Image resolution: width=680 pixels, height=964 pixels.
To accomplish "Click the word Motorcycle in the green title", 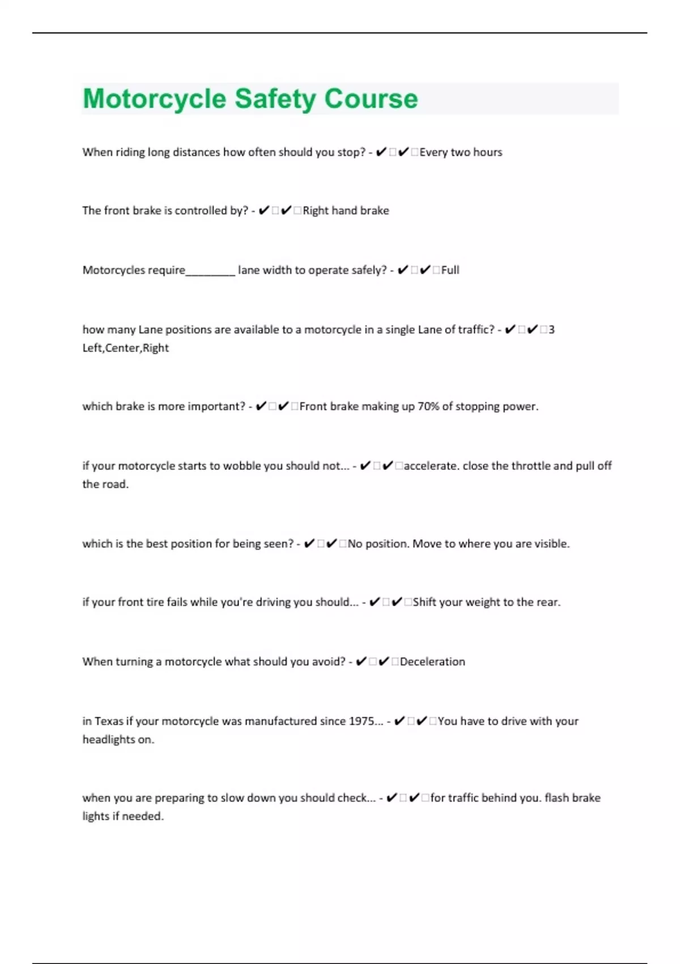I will click(x=155, y=99).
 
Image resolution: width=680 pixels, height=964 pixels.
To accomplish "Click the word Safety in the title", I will click(x=275, y=99).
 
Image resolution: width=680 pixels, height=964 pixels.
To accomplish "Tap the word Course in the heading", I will click(x=371, y=99).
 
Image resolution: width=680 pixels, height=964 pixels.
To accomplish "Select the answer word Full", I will click(x=450, y=270).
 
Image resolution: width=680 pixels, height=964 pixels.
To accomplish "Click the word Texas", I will click(x=109, y=721).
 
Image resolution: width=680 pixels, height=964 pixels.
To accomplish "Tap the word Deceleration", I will click(x=432, y=662).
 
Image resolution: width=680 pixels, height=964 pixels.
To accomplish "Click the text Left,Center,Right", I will click(x=125, y=348).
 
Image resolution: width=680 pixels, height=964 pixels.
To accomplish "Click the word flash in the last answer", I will click(x=556, y=798).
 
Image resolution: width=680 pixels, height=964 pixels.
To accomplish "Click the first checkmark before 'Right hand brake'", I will click(x=263, y=211).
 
